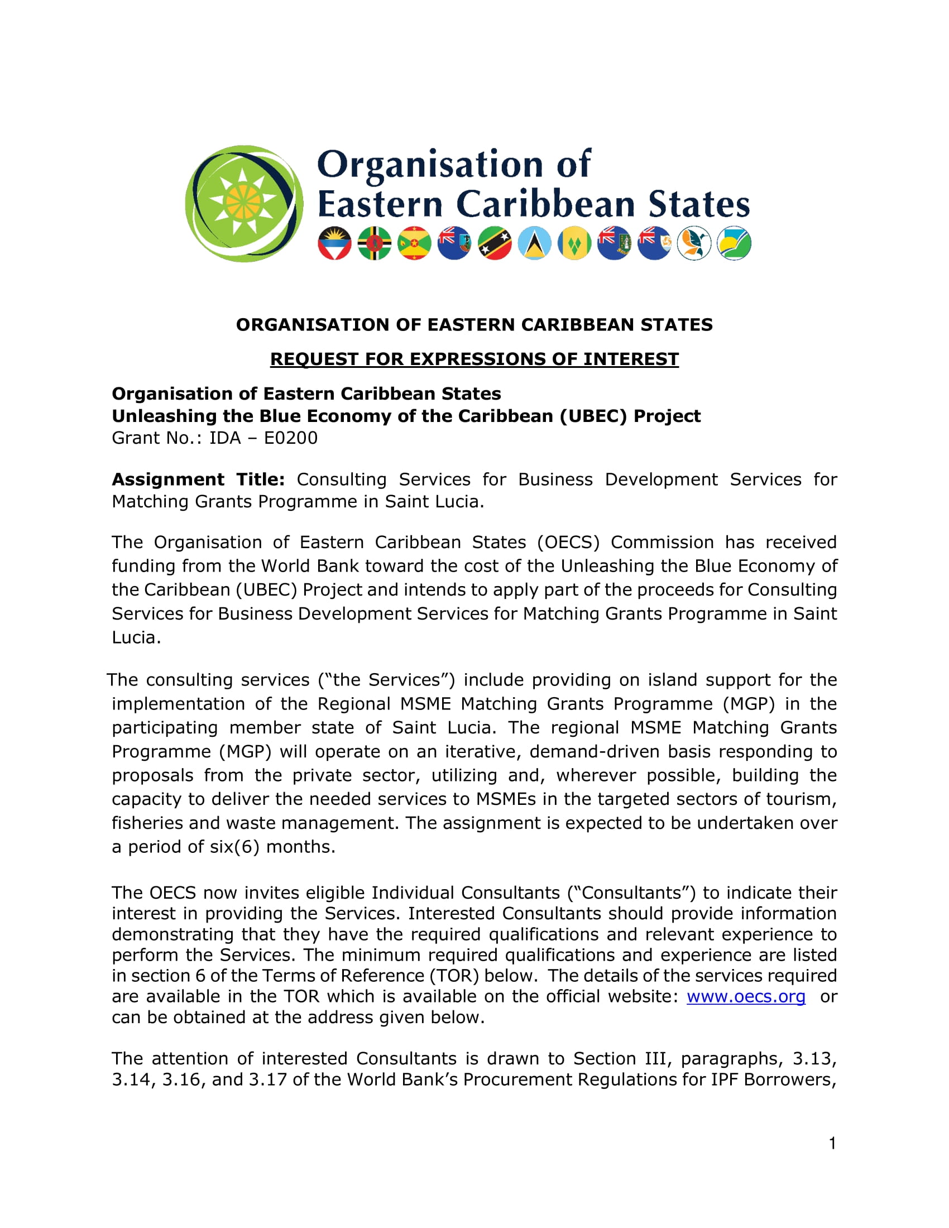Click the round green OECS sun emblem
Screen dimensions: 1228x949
pyautogui.click(x=243, y=203)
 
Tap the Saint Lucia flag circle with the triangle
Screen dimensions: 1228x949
pyautogui.click(x=534, y=243)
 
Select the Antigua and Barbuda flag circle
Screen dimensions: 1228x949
pyautogui.click(x=334, y=243)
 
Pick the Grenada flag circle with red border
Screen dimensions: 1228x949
pyautogui.click(x=414, y=243)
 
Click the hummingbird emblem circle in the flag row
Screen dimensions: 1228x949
pyautogui.click(x=694, y=243)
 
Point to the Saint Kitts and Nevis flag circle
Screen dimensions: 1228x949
pyautogui.click(x=494, y=243)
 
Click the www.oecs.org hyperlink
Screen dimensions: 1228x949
pyautogui.click(x=745, y=996)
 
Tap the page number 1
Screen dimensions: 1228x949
pyautogui.click(x=832, y=1143)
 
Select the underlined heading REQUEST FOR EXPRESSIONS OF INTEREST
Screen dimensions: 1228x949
pyautogui.click(x=474, y=359)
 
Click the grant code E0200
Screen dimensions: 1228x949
pyautogui.click(x=291, y=438)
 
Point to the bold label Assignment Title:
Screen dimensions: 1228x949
pyautogui.click(x=198, y=479)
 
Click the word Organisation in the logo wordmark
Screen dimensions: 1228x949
pyautogui.click(x=430, y=165)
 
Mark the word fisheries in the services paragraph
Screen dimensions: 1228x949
pyautogui.click(x=147, y=823)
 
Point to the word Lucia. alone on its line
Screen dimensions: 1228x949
pyautogui.click(x=136, y=637)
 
